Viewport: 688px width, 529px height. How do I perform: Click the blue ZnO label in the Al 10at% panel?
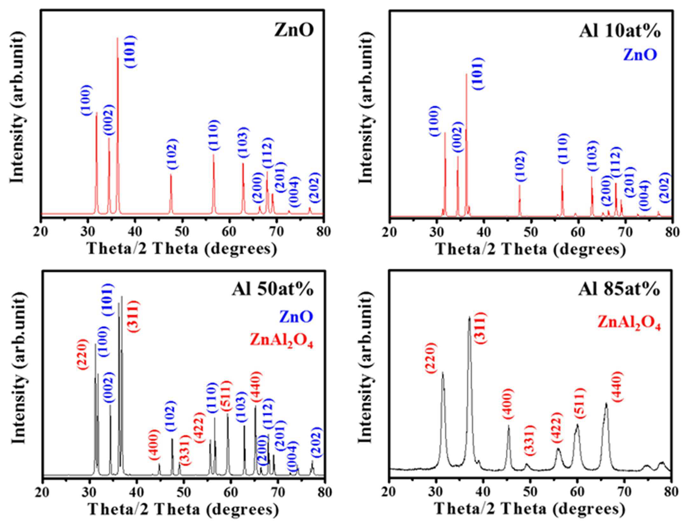(x=640, y=55)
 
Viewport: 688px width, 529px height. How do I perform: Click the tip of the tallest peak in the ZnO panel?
(x=117, y=38)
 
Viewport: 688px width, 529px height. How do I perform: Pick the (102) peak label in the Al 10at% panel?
(x=520, y=166)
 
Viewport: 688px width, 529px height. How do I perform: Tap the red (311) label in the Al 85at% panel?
(x=481, y=328)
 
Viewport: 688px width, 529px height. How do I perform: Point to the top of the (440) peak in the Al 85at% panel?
(x=606, y=403)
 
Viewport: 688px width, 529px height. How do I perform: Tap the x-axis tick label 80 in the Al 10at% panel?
(x=672, y=232)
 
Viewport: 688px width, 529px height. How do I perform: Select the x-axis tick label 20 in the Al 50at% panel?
(x=42, y=492)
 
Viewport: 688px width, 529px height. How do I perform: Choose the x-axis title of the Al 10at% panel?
(x=531, y=249)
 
